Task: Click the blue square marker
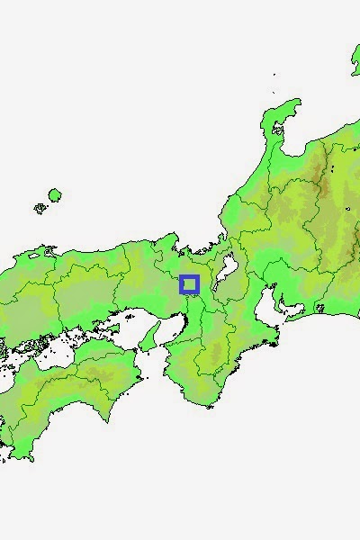pos(189,284)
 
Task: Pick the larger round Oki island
pos(55,194)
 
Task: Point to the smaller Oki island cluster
pos(40,208)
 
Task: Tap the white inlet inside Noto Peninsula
pos(279,129)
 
